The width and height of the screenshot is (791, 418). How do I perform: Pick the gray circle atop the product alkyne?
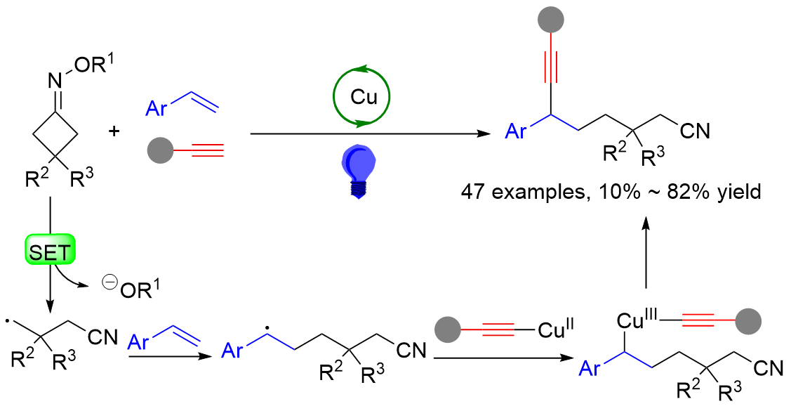click(x=550, y=20)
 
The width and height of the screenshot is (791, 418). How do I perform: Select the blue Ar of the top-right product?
click(x=516, y=132)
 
